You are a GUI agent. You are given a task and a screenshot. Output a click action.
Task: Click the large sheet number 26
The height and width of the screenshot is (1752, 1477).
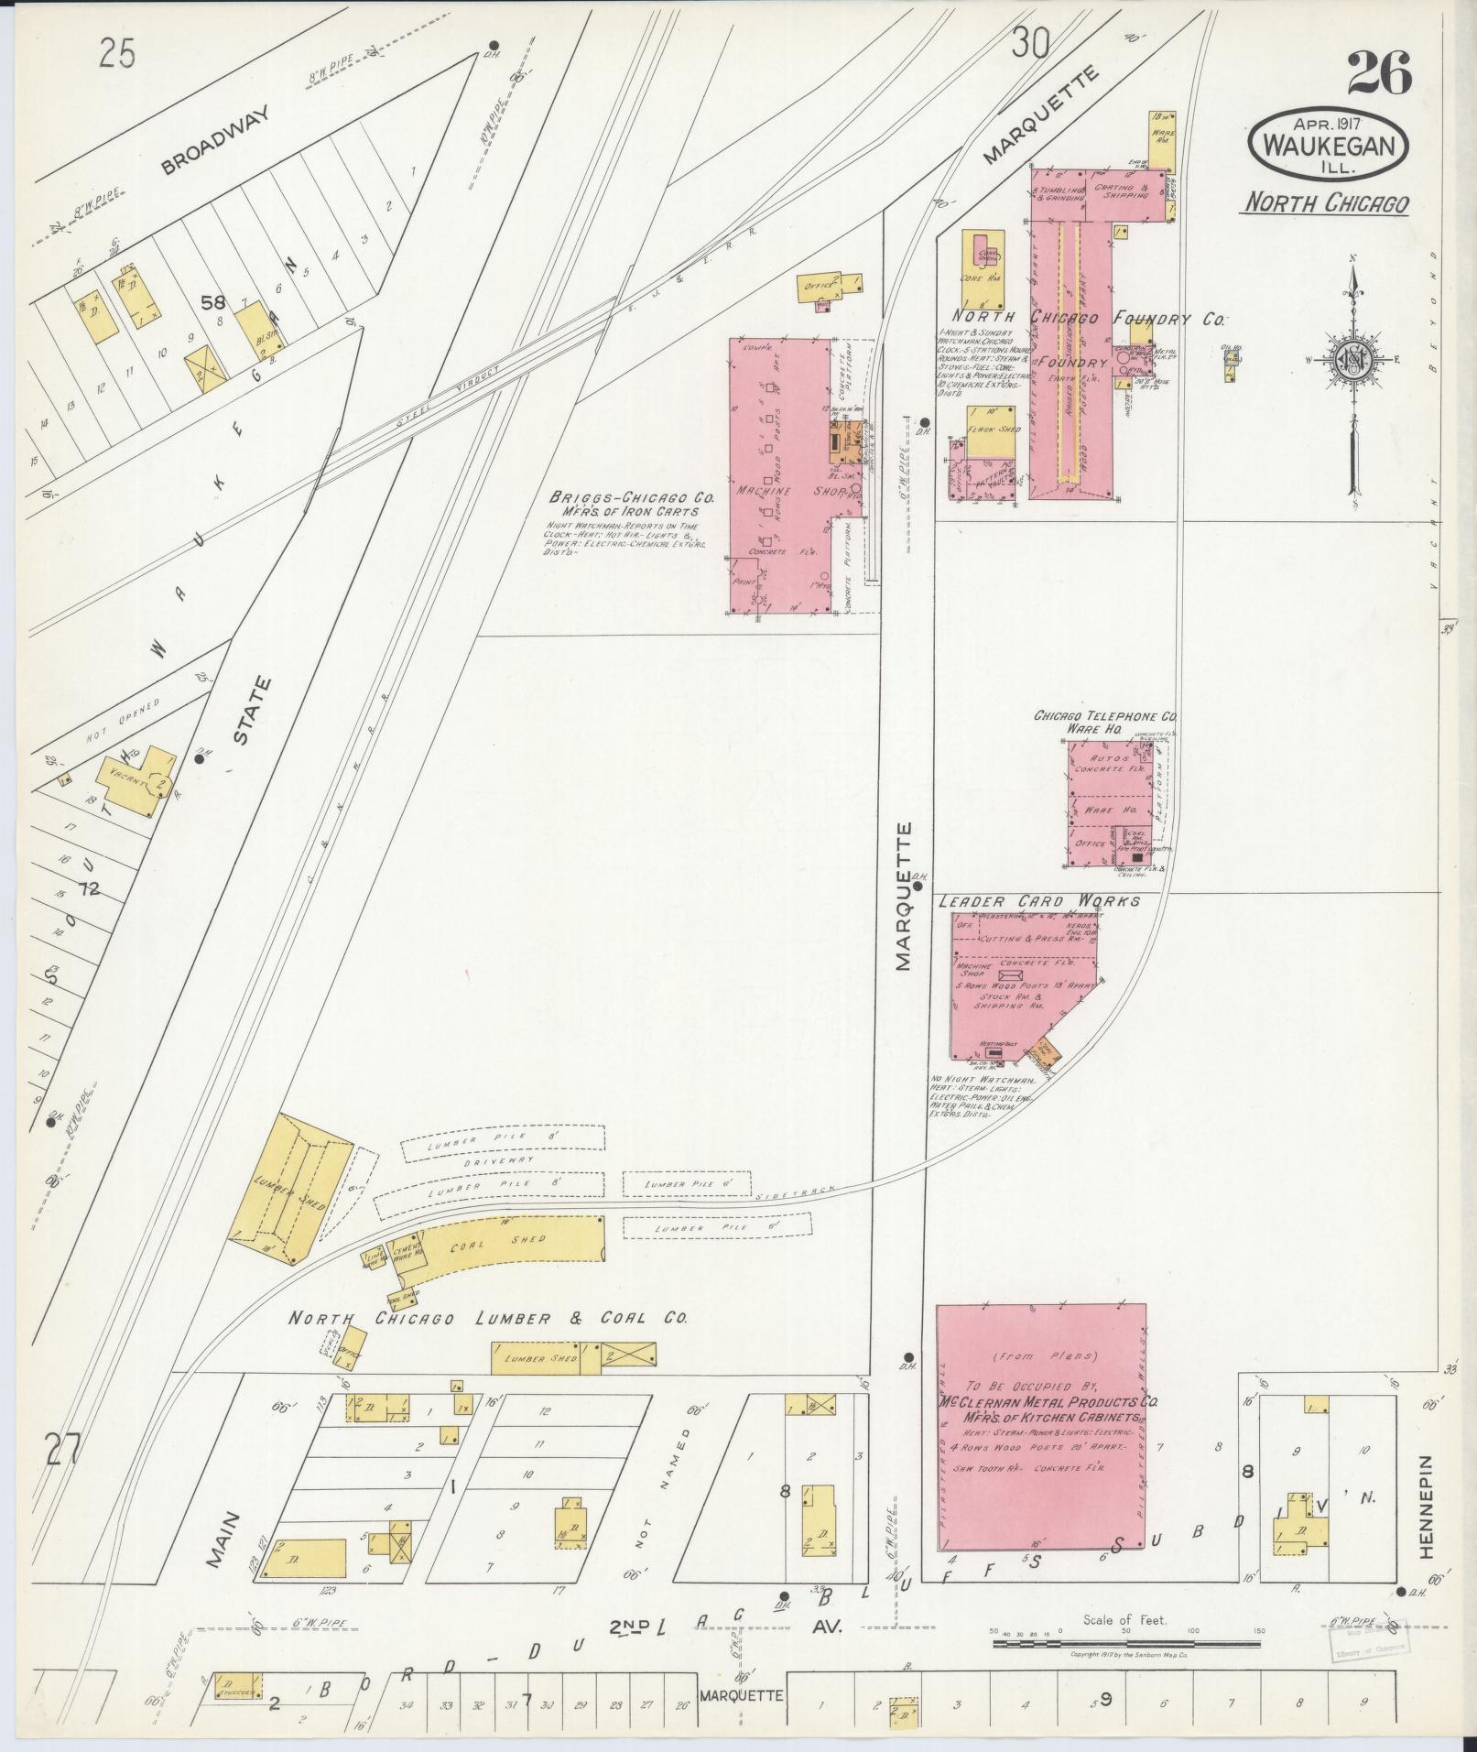coord(1379,74)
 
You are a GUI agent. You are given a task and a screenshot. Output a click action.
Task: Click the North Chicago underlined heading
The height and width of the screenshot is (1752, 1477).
coord(1324,203)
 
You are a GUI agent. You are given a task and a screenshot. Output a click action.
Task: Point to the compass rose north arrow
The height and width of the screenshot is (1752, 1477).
coord(1352,366)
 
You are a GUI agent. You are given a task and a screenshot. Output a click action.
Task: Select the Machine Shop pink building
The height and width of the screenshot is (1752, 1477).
coord(778,476)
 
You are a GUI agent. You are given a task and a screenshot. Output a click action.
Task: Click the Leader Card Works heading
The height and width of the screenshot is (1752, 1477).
coord(1039,901)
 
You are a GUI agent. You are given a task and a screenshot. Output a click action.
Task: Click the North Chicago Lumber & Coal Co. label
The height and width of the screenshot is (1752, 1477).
coord(488,1319)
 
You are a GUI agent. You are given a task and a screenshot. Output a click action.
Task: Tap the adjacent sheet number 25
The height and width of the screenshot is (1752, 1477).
coord(118,54)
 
